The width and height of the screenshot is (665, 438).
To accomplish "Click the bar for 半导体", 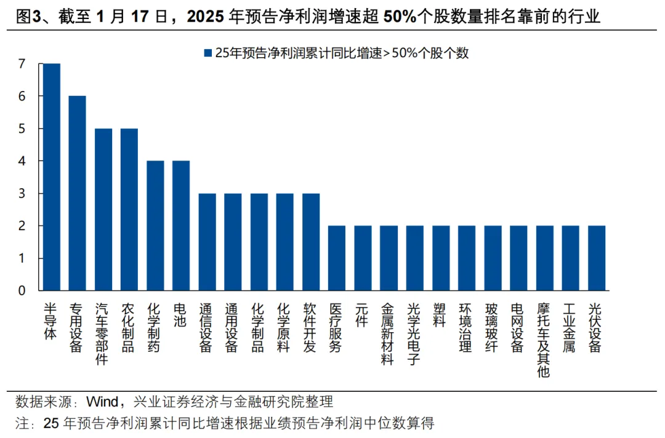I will point(51,177).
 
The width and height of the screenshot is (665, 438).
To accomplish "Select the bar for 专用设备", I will point(77,193).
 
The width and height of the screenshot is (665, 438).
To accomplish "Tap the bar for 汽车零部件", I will point(103,209).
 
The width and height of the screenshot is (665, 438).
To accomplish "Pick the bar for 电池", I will point(180,225).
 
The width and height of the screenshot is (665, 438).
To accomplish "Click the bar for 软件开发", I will point(310,242).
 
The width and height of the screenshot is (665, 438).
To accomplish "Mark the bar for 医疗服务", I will point(336,258).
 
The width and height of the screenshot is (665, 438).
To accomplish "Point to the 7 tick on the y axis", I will point(22,63).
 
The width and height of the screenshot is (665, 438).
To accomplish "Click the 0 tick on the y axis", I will point(22,290).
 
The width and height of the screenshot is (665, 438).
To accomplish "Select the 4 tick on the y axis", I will point(22,161).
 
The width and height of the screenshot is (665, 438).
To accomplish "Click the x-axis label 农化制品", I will point(129,327).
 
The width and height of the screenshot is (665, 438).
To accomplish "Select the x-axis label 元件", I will point(362,315).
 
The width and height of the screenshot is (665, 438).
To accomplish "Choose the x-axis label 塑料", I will point(440,315).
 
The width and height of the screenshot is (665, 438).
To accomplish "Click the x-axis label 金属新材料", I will point(388,333).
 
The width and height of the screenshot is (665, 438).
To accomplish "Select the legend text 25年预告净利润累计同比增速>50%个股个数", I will point(342,54).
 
